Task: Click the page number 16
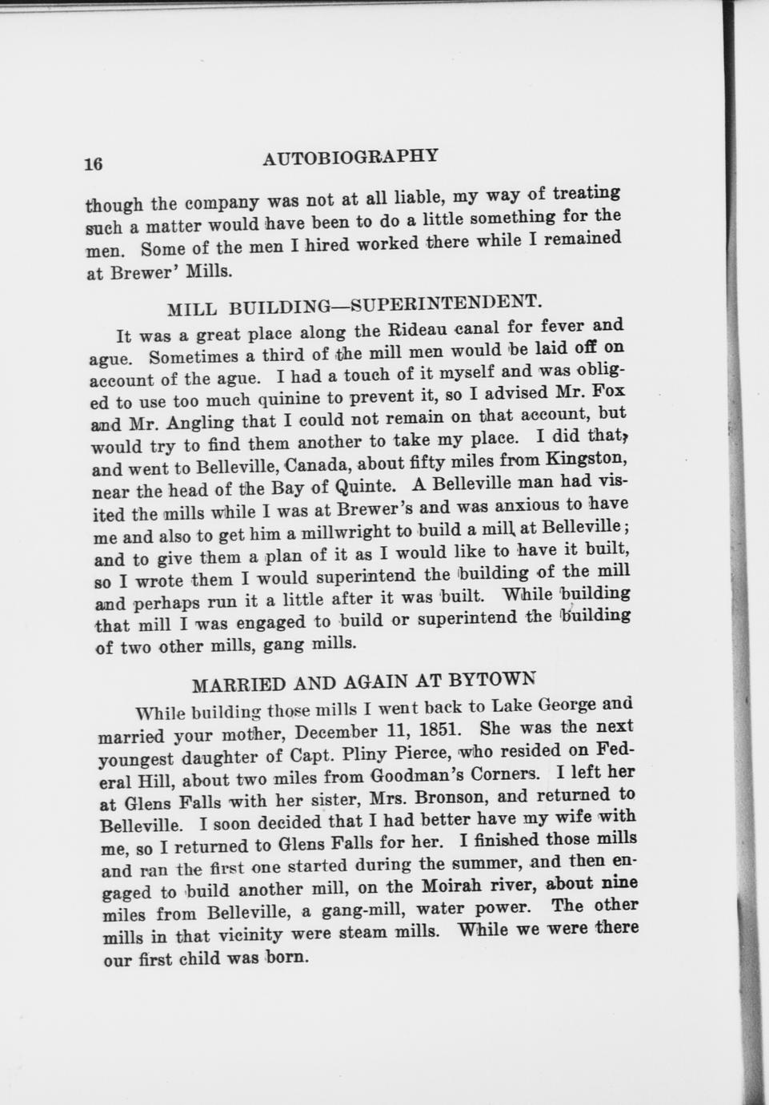93,163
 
